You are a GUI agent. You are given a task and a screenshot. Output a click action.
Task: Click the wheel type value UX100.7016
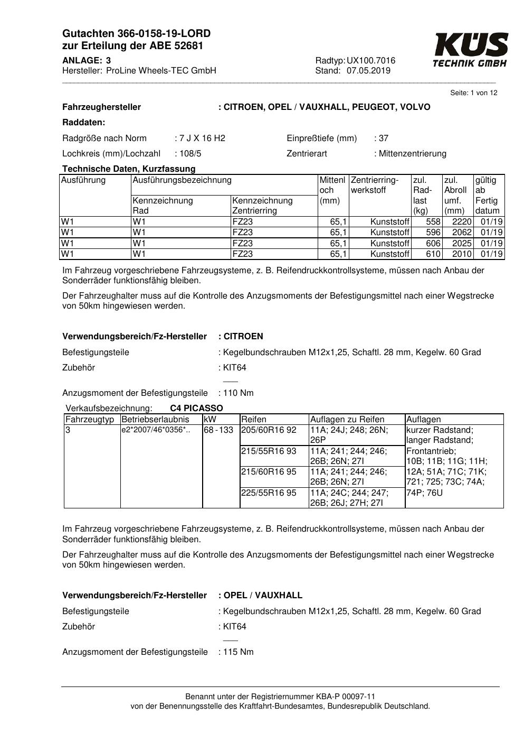click(x=371, y=61)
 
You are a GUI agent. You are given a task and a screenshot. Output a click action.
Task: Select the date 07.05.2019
click(x=368, y=71)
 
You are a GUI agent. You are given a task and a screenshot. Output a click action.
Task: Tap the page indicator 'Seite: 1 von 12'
click(x=473, y=93)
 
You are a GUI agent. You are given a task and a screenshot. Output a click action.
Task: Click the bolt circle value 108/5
click(x=190, y=154)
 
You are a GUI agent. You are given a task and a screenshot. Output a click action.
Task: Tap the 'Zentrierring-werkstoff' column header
click(x=375, y=185)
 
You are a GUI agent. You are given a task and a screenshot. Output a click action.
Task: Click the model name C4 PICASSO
click(x=196, y=409)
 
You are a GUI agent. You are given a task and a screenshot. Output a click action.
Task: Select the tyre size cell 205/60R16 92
click(x=269, y=430)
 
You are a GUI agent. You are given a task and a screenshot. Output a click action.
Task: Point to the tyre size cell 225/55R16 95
click(x=269, y=493)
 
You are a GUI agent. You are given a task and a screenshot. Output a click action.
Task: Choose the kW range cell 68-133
click(x=218, y=430)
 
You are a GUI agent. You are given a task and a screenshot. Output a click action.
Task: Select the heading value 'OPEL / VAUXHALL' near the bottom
click(x=263, y=596)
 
